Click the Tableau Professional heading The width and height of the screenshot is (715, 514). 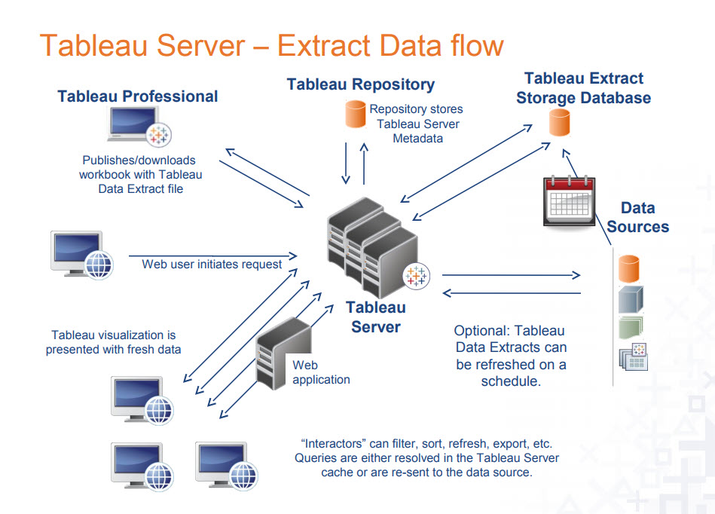[x=138, y=96]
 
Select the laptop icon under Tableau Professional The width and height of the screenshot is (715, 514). [x=139, y=127]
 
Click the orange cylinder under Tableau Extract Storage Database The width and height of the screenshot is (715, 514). [x=559, y=122]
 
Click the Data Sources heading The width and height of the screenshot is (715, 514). [x=637, y=217]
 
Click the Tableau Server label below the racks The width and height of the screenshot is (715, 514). [x=375, y=317]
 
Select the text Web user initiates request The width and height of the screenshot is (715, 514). [x=212, y=264]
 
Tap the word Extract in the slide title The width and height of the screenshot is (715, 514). [x=323, y=45]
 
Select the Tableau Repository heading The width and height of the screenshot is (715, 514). [x=360, y=84]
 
